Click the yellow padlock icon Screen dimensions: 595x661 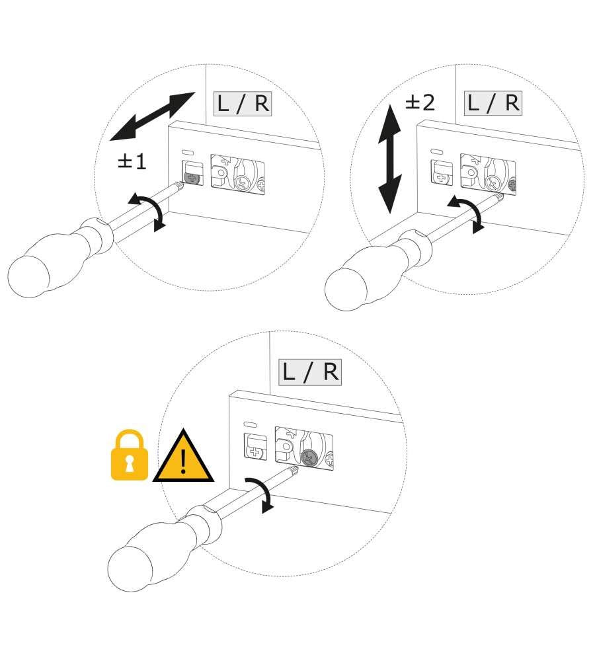tap(130, 455)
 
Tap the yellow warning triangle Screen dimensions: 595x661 tap(183, 457)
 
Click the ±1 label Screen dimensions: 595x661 tap(132, 161)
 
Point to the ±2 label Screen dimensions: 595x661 tap(420, 102)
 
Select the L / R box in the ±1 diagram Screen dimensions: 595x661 tap(243, 104)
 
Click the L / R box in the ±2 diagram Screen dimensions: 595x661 tap(493, 103)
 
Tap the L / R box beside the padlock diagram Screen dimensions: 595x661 tap(310, 372)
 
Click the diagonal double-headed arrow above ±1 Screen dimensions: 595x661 tap(153, 116)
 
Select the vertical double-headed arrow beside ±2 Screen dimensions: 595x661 tap(389, 159)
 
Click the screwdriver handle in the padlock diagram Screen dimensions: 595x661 tap(163, 549)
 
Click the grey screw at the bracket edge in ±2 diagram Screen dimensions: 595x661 tap(513, 184)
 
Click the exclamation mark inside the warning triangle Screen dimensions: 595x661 tap(183, 461)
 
